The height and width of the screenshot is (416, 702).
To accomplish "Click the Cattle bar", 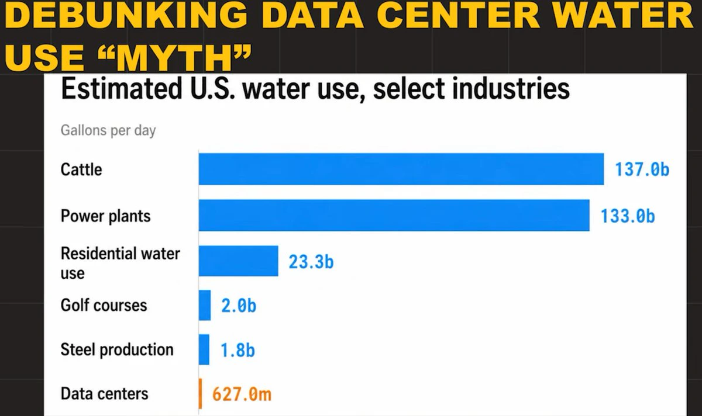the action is (x=401, y=169).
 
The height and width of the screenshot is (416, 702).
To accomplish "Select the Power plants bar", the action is (x=394, y=216).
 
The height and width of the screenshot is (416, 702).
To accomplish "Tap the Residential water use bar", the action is (x=238, y=261).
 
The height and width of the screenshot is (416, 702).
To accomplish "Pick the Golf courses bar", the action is (x=205, y=305).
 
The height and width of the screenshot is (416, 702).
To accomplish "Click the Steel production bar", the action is (x=204, y=349).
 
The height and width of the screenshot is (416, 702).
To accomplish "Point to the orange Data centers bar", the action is (x=200, y=394).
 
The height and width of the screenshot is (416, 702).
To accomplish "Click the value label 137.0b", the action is (x=642, y=169).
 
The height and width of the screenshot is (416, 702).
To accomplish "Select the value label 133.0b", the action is (x=628, y=216).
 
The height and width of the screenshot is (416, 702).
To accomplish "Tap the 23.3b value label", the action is (x=311, y=262).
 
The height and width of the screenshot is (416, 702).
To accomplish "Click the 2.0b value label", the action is (x=239, y=306).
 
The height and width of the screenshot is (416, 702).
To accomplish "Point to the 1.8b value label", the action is (x=238, y=350).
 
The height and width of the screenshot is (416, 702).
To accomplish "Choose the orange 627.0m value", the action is (x=242, y=394).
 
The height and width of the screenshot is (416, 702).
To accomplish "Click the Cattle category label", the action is (x=81, y=169).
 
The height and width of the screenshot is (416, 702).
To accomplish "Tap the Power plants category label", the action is (x=106, y=216).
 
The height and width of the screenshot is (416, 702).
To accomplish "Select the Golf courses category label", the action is (x=104, y=305).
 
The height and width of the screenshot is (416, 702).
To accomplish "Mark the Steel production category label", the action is (x=117, y=349).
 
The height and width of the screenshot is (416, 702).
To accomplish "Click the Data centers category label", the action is (x=104, y=394).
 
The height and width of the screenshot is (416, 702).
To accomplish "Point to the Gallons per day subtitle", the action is (x=108, y=130).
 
